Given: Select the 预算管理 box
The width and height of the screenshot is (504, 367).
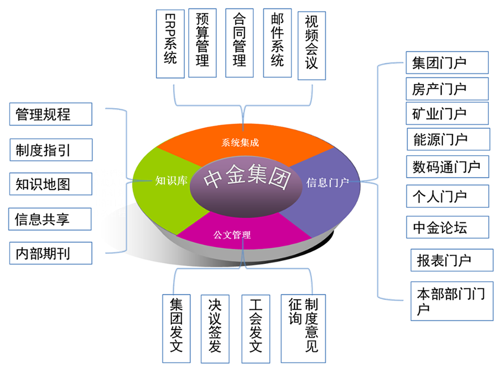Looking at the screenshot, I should coord(202,43).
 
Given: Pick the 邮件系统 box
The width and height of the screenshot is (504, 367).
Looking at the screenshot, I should coord(277,43).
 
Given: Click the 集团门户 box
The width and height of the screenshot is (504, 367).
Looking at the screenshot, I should coord(447,62).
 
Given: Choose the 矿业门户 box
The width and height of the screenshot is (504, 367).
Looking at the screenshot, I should coord(447,113).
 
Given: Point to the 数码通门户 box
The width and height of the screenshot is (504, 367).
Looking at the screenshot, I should coord(447,166).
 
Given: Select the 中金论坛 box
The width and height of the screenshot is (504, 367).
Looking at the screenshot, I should coord(447,227).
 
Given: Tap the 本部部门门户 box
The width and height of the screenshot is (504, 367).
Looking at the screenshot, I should coord(451,301).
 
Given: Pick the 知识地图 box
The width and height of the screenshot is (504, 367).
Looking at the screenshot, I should coord(50,184).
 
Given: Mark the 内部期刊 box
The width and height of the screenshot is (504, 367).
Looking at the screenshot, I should coord(50,253).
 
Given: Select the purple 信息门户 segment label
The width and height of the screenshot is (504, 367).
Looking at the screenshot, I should coord(328,182).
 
